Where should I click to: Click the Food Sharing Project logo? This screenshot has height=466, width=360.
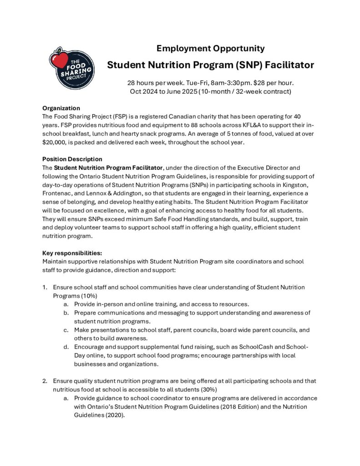(71, 68)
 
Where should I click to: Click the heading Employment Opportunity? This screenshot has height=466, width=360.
(210, 48)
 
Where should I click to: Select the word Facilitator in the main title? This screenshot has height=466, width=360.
(285, 65)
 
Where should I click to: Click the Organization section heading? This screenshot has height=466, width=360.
(61, 108)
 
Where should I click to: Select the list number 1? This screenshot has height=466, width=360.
(45, 287)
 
